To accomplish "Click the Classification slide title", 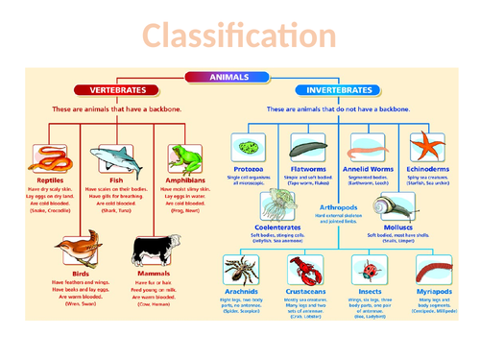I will pyautogui.click(x=240, y=36).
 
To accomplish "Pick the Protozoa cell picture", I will pyautogui.click(x=248, y=148).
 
